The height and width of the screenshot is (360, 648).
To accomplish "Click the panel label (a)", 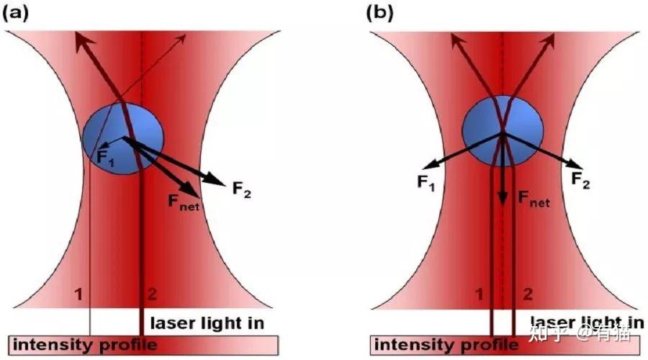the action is point(16,13).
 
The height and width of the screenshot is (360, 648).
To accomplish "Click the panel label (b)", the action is point(379,13).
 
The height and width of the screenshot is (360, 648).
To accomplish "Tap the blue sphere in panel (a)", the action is point(123,138).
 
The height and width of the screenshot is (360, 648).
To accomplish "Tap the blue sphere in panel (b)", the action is point(503,131).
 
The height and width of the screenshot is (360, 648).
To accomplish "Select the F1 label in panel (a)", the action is point(105,158).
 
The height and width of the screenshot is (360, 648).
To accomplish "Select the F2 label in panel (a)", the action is point(242,189).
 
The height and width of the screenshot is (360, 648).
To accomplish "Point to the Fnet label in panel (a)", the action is point(184,202).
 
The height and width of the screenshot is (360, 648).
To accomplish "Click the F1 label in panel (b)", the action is point(426,182).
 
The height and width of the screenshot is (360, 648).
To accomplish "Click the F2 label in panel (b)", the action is point(580,180).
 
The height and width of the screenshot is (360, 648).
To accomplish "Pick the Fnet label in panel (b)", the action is point(534,199).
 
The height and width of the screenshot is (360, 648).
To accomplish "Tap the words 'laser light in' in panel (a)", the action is point(207,323).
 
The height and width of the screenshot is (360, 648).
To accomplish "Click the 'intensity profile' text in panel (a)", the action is point(85,345).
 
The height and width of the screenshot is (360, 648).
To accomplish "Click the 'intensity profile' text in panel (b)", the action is point(446,345).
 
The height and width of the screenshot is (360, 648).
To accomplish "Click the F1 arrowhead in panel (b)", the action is point(429,165).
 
